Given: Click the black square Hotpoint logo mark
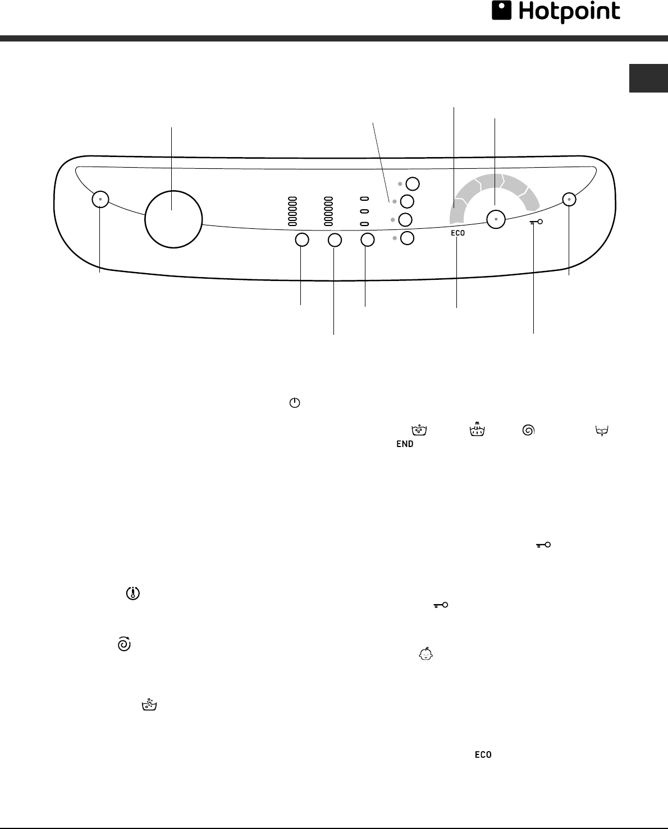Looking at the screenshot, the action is [501, 10].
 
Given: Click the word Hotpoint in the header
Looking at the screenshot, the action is [569, 12].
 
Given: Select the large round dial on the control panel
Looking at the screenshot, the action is [173, 219].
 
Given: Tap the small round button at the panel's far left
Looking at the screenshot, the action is [100, 199].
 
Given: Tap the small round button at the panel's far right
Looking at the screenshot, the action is [569, 200].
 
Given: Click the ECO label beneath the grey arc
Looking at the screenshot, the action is [458, 233].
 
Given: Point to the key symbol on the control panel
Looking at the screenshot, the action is [536, 222].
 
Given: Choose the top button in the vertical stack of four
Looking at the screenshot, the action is [413, 184].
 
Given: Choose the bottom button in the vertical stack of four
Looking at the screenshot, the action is [408, 238].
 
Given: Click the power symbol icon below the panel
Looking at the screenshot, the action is [295, 403].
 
